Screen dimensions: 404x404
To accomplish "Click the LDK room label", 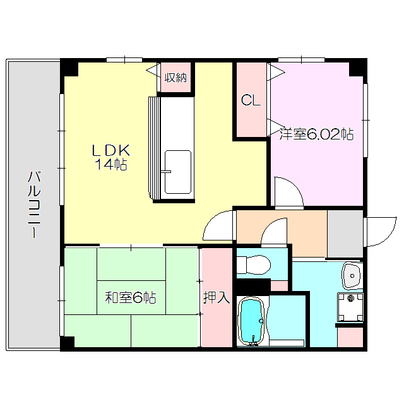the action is click(111, 150).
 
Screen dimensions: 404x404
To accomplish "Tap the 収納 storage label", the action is click(175, 77).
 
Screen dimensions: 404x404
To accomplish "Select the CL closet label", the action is click(251, 100).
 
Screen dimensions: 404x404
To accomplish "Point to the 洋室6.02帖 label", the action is click(317, 134).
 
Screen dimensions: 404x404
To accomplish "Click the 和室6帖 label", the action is click(131, 297).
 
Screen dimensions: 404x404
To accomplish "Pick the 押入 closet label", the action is click(217, 297).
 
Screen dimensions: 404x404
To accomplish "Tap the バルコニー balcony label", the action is click(34, 205).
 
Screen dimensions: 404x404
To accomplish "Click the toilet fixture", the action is click(254, 264).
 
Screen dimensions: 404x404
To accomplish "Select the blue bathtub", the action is click(251, 321).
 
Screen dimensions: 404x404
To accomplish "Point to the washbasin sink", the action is click(352, 276).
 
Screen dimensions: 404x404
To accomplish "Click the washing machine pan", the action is click(350, 307).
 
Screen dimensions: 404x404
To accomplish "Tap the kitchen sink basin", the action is click(178, 172).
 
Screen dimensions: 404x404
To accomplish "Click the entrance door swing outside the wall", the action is click(381, 232).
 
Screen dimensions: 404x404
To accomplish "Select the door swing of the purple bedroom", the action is click(288, 191).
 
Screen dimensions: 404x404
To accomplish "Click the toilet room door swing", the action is click(274, 231).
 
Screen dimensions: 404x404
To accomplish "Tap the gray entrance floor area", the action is click(345, 234).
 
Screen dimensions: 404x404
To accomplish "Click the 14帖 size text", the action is click(111, 164).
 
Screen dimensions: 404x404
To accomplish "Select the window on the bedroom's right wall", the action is click(365, 121).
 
